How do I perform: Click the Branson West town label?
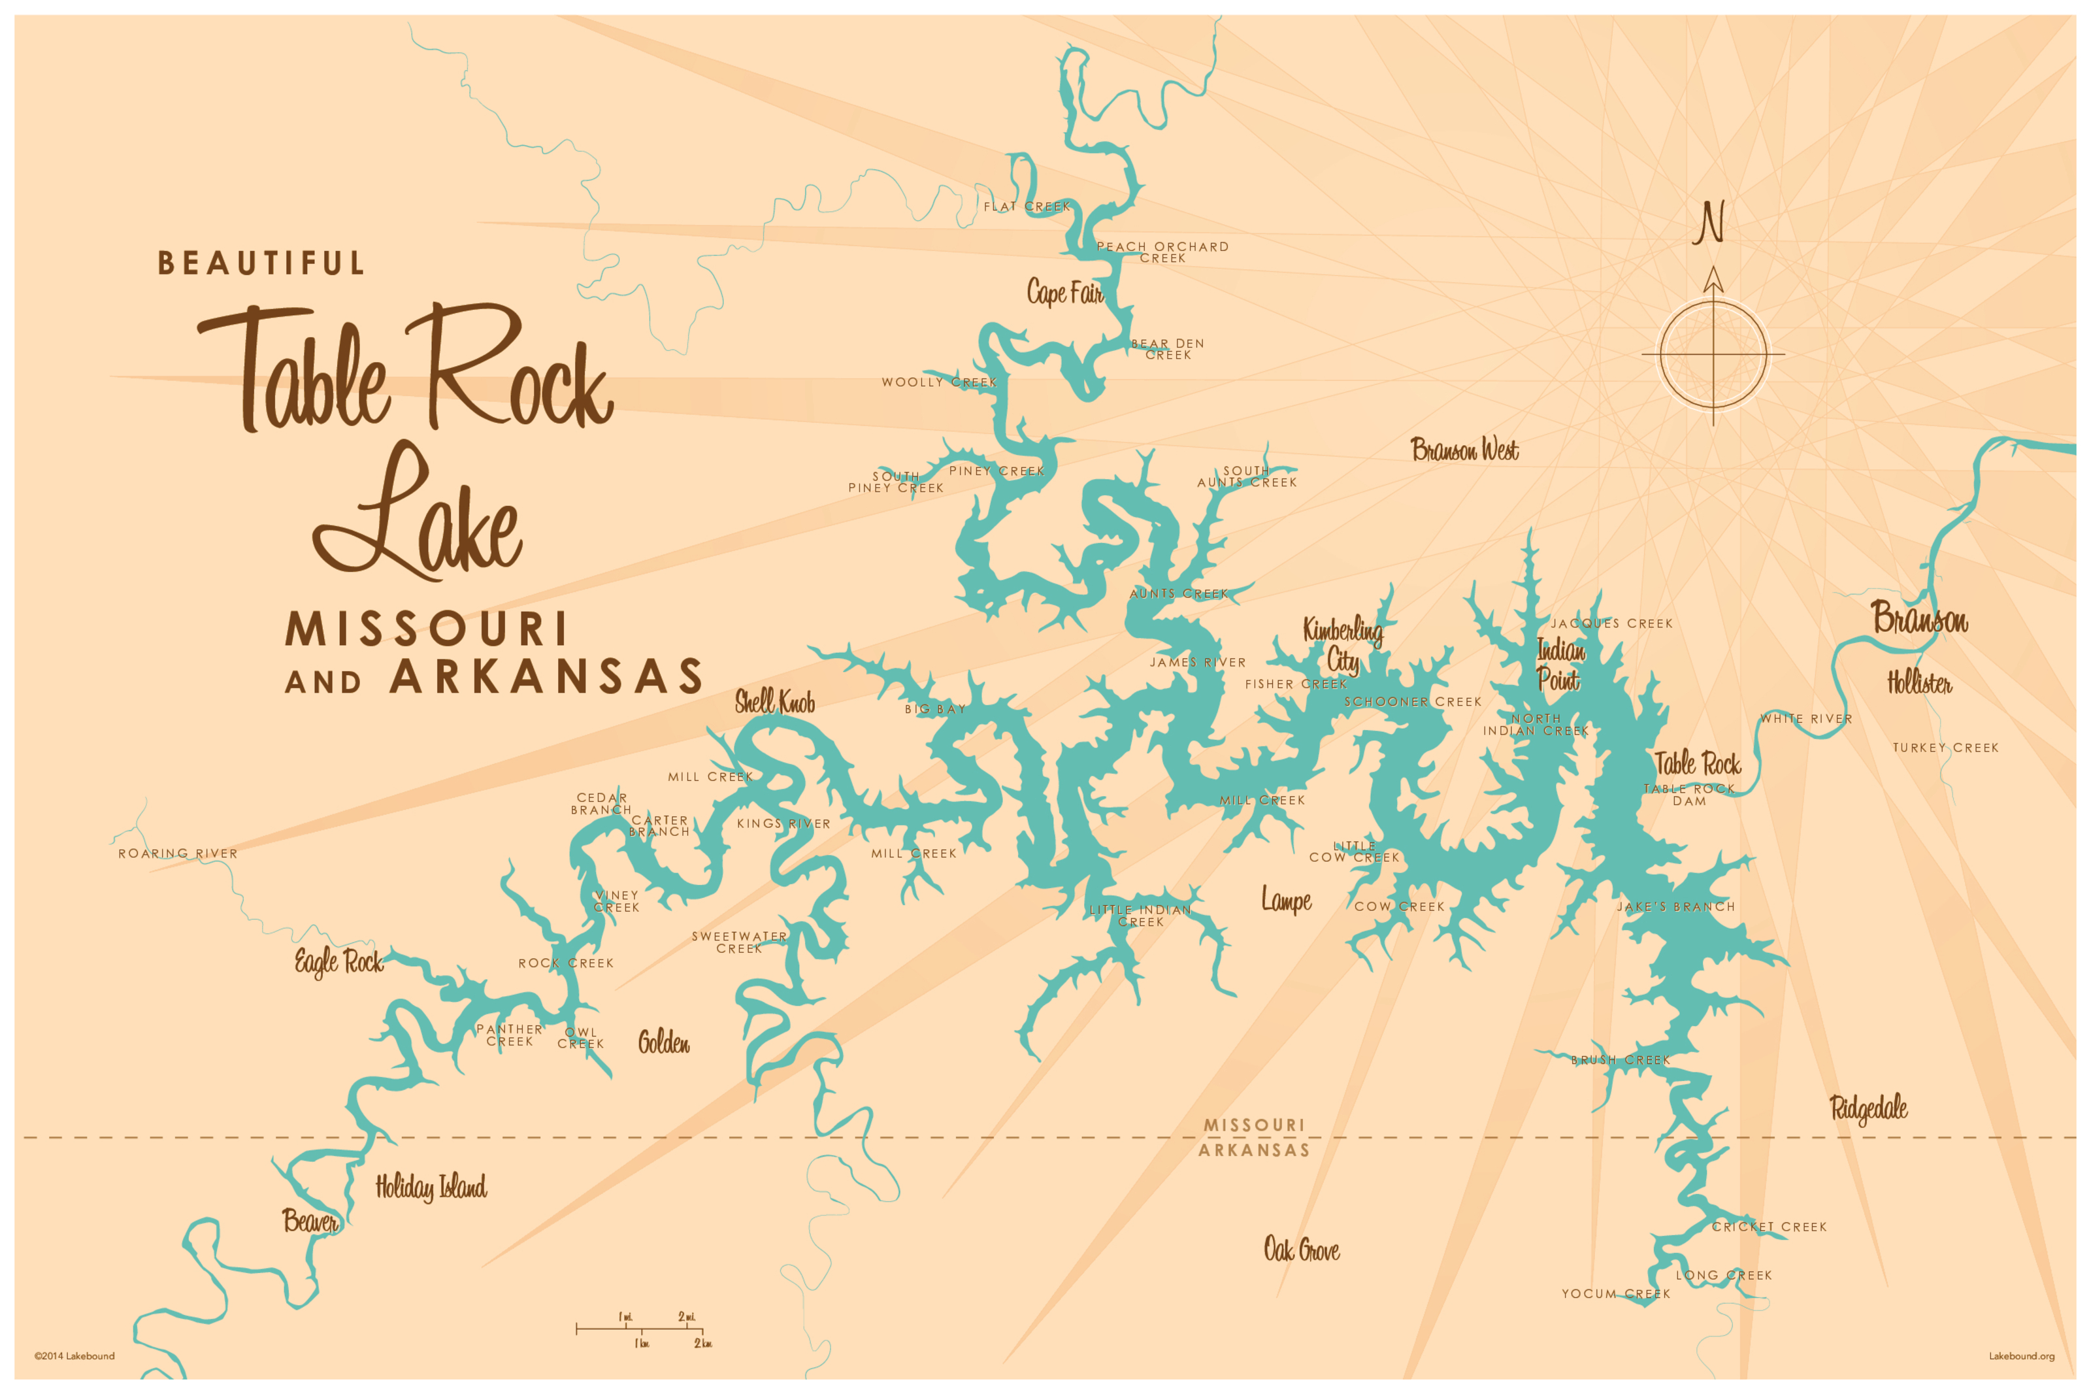pos(1464,450)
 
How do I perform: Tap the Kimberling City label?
pos(1342,644)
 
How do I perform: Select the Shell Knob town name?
pos(774,703)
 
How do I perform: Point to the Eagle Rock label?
pos(338,962)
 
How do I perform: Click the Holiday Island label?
pos(431,1187)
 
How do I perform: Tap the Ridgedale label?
pos(1868,1108)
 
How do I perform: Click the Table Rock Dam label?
pos(1688,795)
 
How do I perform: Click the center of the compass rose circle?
pos(1713,355)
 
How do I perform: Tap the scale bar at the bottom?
pos(640,1329)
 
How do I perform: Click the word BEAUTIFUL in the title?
pos(261,263)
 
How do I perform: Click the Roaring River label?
pos(178,854)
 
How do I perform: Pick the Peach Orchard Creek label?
pos(1162,252)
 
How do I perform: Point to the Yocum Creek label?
pos(1615,1293)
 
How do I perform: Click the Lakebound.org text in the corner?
pos(2021,1356)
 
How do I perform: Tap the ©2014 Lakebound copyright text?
pos(74,1356)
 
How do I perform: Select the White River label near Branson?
pos(1805,718)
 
